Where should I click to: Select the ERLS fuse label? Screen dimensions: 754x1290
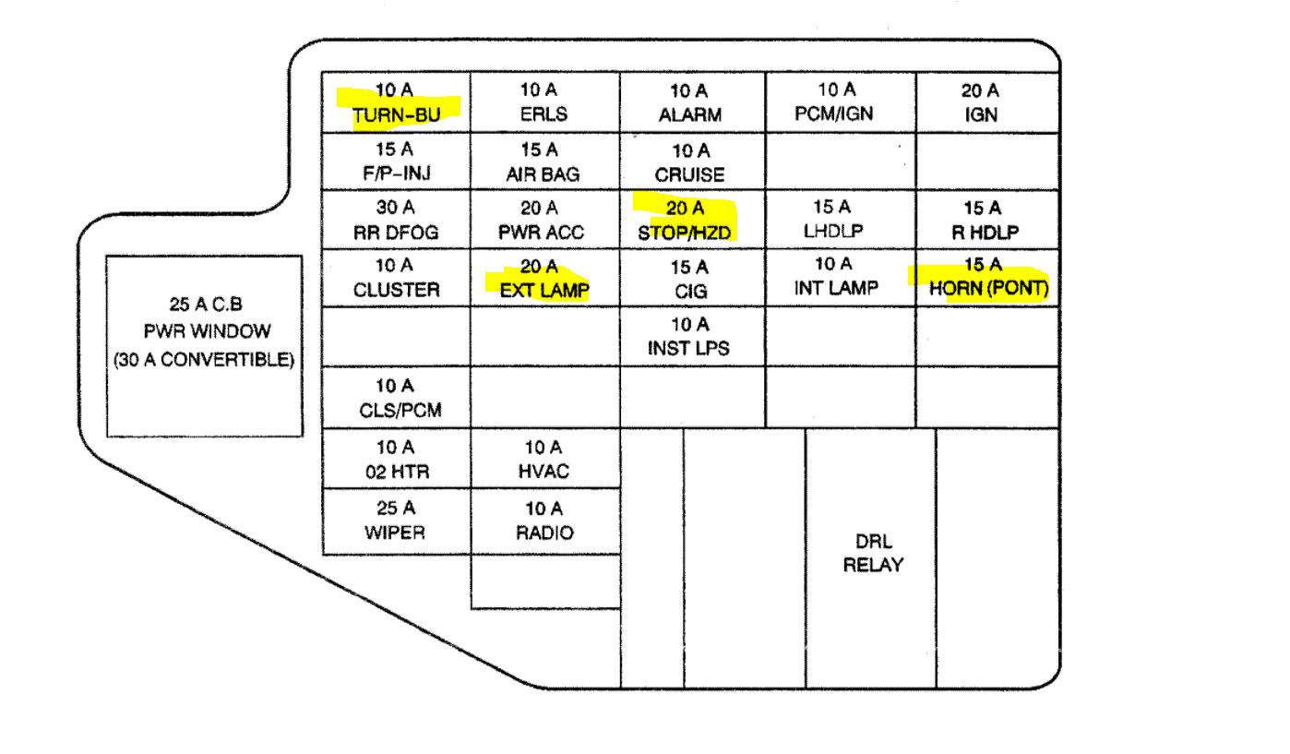click(543, 114)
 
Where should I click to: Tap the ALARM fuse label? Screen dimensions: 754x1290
click(690, 115)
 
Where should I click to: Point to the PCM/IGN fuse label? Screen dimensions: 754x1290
click(833, 114)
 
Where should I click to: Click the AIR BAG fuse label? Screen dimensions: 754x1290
click(543, 174)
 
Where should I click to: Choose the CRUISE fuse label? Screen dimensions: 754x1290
click(690, 174)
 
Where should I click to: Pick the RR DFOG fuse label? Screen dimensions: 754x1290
click(395, 233)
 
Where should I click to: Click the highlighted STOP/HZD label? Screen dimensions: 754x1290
click(685, 233)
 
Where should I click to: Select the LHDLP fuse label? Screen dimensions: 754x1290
click(833, 232)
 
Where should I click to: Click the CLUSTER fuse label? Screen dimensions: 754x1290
click(397, 290)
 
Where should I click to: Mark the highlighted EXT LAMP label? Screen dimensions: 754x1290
click(544, 291)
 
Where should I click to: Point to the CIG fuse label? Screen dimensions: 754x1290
click(689, 292)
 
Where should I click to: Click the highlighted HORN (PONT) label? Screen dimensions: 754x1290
click(989, 289)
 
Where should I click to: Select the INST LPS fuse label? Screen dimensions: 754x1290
click(688, 349)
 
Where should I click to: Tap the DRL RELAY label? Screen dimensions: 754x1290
click(873, 553)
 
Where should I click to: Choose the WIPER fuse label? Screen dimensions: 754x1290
click(396, 533)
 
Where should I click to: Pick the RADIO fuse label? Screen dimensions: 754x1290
click(544, 533)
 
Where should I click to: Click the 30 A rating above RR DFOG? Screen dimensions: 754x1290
click(395, 208)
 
